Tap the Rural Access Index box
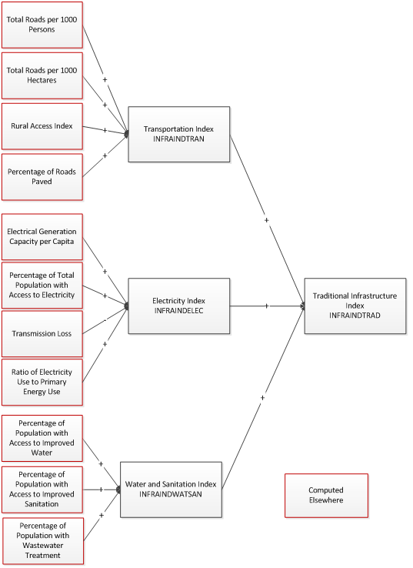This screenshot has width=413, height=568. click(x=42, y=125)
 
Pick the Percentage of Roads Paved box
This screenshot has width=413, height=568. click(x=42, y=176)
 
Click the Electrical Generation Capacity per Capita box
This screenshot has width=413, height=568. click(x=42, y=236)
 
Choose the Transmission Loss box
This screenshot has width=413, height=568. click(x=42, y=333)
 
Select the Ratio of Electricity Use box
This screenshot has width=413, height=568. click(x=42, y=382)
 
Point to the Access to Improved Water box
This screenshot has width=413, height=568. click(x=42, y=436)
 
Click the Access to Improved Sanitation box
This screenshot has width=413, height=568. click(x=42, y=489)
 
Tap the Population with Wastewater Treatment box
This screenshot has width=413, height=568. click(x=42, y=541)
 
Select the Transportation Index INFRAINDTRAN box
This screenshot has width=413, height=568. click(x=178, y=134)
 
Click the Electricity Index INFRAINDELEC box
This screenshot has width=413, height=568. click(x=178, y=306)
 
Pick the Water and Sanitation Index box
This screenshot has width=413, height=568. click(x=171, y=489)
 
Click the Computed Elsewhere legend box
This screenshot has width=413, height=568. click(x=326, y=495)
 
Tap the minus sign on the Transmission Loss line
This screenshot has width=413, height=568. click(x=105, y=319)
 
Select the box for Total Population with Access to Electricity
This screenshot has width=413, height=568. click(x=42, y=285)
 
